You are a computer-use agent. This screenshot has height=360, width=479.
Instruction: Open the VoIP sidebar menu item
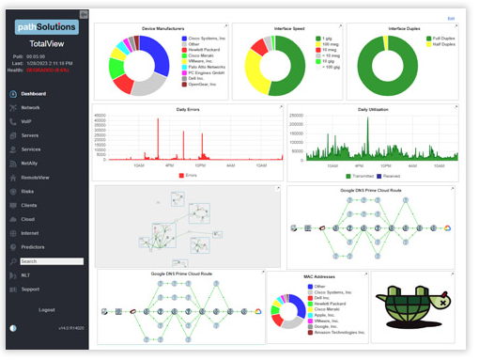[28, 121]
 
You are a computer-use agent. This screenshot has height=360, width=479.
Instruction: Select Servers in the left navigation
[31, 135]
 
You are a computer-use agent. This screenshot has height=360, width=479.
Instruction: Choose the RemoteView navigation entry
[35, 177]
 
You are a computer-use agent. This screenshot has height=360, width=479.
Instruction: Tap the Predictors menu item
[33, 246]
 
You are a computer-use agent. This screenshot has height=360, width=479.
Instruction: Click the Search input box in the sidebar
[51, 261]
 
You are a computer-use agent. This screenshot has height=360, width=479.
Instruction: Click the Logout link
[46, 309]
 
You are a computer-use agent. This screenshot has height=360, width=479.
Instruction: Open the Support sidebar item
[31, 289]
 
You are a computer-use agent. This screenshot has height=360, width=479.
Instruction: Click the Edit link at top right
[451, 18]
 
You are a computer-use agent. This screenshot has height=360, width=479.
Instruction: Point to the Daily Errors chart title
[188, 109]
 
